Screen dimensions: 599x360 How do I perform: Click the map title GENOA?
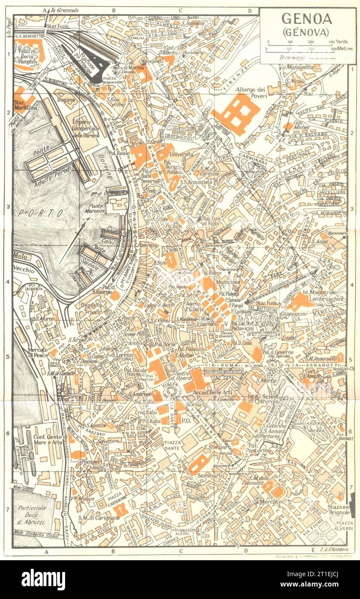[307, 19]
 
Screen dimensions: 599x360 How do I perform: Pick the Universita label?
[182, 154]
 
